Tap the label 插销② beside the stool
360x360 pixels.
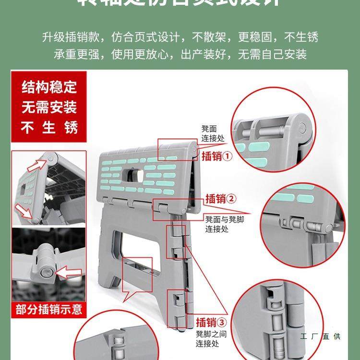coord(221,198)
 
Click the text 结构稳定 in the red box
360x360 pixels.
coord(49,87)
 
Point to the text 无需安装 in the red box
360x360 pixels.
coord(49,107)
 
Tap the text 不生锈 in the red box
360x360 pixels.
coord(49,127)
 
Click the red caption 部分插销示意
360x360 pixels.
coord(49,309)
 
